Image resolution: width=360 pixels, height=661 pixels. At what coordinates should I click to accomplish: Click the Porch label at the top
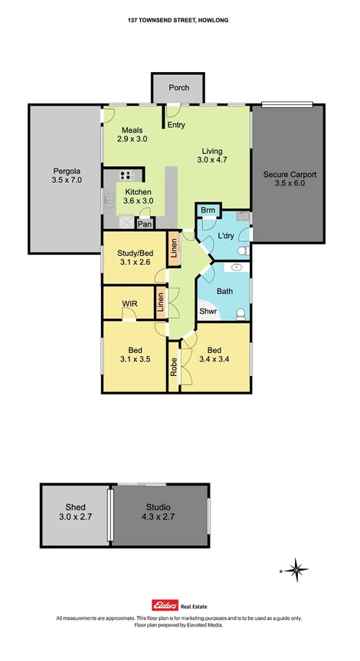178,88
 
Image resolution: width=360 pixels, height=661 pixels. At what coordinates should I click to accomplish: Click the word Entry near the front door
176,125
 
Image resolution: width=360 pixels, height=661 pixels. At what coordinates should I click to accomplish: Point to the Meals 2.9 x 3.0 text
132,135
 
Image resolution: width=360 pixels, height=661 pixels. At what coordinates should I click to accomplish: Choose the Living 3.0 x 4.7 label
213,156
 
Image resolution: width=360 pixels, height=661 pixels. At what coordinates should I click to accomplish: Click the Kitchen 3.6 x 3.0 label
138,197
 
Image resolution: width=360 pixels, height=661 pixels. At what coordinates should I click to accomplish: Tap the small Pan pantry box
144,224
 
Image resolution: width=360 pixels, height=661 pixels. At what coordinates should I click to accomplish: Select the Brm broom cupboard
207,211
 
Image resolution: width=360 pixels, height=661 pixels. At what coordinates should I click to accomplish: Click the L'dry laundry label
225,236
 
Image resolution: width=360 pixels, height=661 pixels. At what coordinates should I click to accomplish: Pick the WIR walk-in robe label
129,304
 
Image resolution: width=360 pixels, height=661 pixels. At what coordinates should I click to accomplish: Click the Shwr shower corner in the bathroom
208,312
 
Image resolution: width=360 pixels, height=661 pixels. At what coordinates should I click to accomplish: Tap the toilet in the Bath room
241,313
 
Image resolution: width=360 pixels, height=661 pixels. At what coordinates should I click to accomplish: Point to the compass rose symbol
299,569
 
